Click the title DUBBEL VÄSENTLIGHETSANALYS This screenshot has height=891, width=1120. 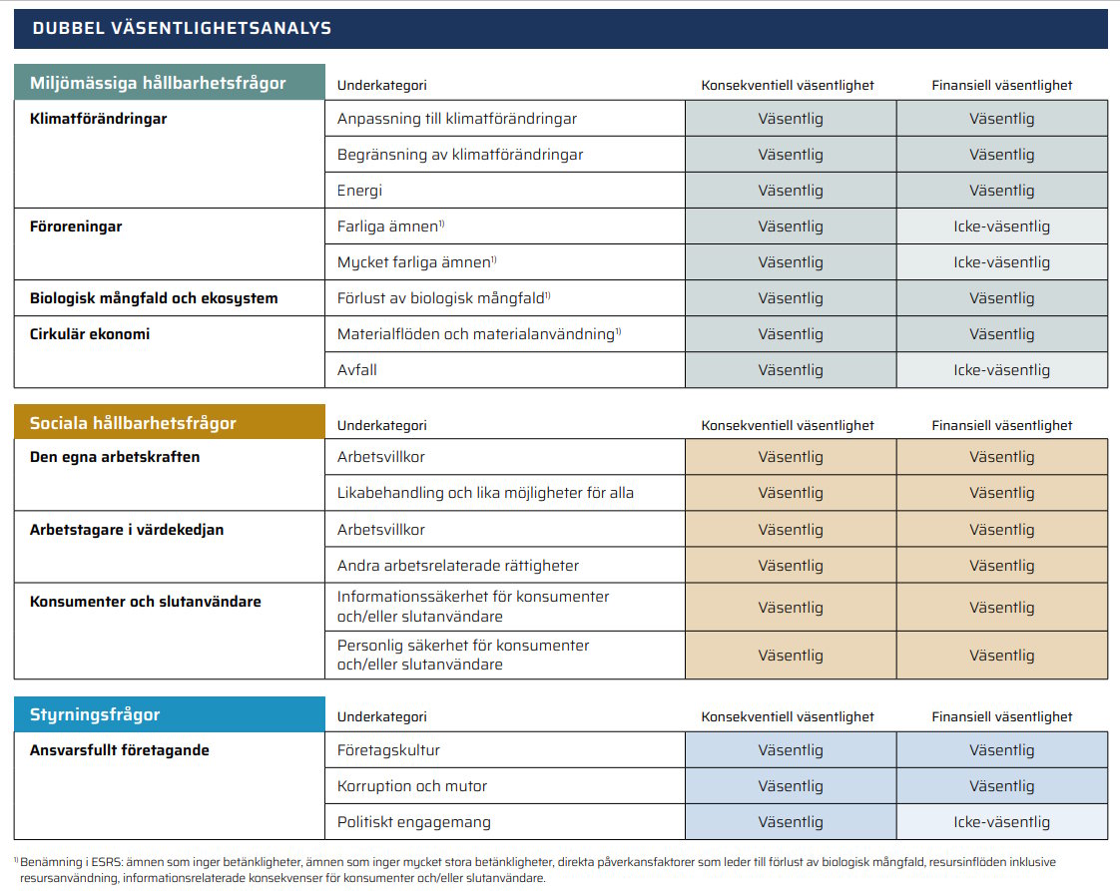[x=182, y=29]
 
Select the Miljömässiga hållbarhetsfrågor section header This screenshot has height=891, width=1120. [x=158, y=83]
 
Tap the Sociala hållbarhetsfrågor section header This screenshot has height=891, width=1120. [x=133, y=423]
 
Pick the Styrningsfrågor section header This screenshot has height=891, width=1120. [x=95, y=714]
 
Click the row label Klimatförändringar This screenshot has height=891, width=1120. [x=98, y=119]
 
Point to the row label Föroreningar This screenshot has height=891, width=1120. [x=76, y=226]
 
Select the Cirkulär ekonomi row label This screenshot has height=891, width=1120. [x=90, y=334]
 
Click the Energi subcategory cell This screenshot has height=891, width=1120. [x=359, y=191]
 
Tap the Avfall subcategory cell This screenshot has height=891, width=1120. [x=357, y=370]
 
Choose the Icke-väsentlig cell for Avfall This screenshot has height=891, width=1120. [x=1001, y=370]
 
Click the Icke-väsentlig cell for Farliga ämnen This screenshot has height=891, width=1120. [x=1001, y=226]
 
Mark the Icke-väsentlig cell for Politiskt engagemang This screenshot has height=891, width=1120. [x=1001, y=822]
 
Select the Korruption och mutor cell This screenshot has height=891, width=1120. [x=412, y=786]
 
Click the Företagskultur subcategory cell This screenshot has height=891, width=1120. [x=388, y=750]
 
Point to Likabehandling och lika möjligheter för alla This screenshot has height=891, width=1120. [x=485, y=493]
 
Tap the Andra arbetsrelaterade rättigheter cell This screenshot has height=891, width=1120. [x=457, y=566]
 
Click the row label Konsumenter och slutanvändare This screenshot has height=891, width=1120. [x=145, y=602]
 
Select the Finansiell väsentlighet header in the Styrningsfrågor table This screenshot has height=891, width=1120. [x=1001, y=716]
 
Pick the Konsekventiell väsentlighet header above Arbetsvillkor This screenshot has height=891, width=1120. [x=787, y=425]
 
